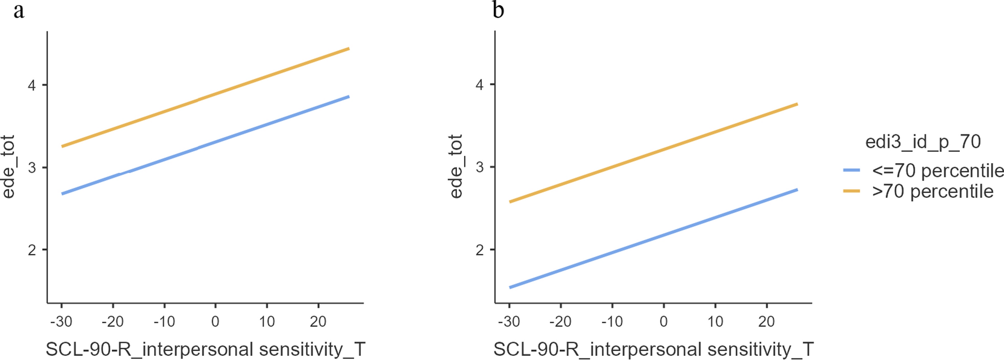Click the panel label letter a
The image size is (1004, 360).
pyautogui.click(x=18, y=10)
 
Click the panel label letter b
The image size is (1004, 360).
pyautogui.click(x=498, y=10)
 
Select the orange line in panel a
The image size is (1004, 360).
pyautogui.click(x=205, y=97)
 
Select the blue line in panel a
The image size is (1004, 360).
pyautogui.click(x=205, y=146)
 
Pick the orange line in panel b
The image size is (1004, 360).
pyautogui.click(x=653, y=153)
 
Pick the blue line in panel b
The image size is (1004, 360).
pyautogui.click(x=653, y=238)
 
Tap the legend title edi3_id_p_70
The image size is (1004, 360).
pyautogui.click(x=922, y=142)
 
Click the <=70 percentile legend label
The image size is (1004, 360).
pyautogui.click(x=937, y=170)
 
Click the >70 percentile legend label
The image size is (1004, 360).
pyautogui.click(x=932, y=191)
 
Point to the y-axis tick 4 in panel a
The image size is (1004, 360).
pyautogui.click(x=32, y=85)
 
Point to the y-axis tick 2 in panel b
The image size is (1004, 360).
pyautogui.click(x=480, y=250)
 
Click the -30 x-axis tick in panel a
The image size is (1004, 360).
pyautogui.click(x=61, y=322)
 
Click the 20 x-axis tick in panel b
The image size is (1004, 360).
pyautogui.click(x=766, y=322)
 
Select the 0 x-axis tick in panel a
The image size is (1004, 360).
pyautogui.click(x=215, y=322)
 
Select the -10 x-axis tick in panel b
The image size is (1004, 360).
pyautogui.click(x=611, y=322)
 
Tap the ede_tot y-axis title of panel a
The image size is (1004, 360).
pyautogui.click(x=9, y=167)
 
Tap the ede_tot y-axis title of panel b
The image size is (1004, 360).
pyautogui.click(x=456, y=167)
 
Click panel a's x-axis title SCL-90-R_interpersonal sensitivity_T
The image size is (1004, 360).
pyautogui.click(x=205, y=349)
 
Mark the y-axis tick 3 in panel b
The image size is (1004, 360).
pyautogui.click(x=480, y=168)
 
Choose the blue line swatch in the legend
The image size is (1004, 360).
pyautogui.click(x=852, y=170)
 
